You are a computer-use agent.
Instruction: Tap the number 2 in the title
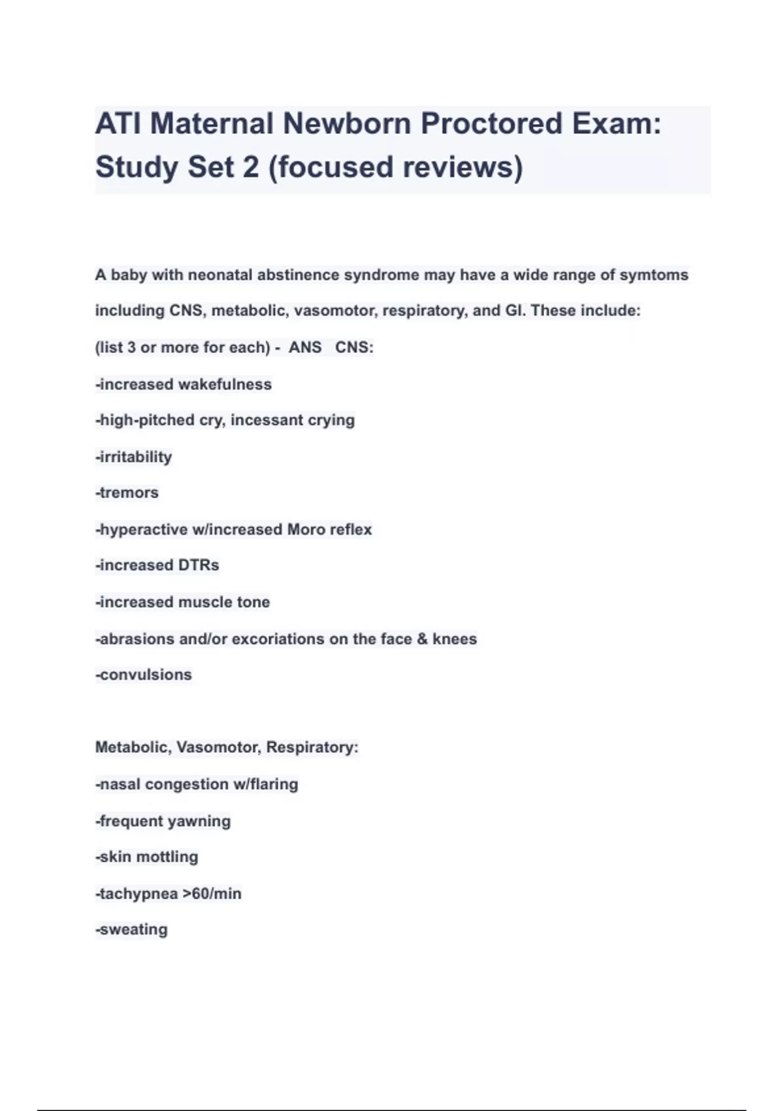pos(251,167)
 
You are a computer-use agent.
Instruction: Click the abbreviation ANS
pos(305,347)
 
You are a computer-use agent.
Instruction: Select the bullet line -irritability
pos(134,457)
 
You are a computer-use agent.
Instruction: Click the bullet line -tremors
pos(127,493)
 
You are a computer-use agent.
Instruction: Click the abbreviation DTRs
pos(199,565)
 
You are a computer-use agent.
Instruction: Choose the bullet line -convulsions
pos(144,674)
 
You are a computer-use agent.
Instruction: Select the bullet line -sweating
pos(132,929)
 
